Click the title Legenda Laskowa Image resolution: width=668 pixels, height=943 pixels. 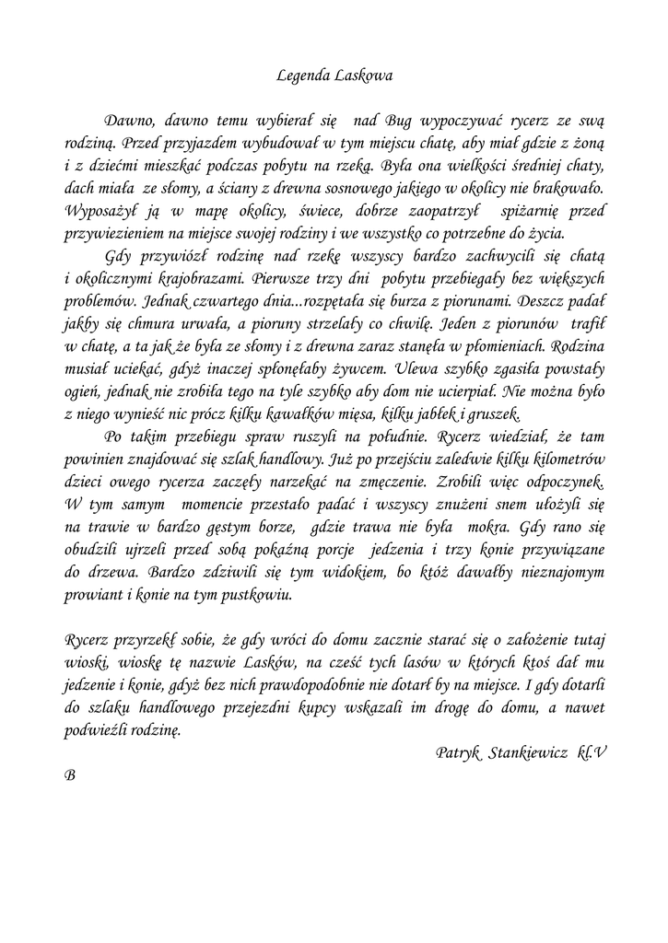click(334, 76)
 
